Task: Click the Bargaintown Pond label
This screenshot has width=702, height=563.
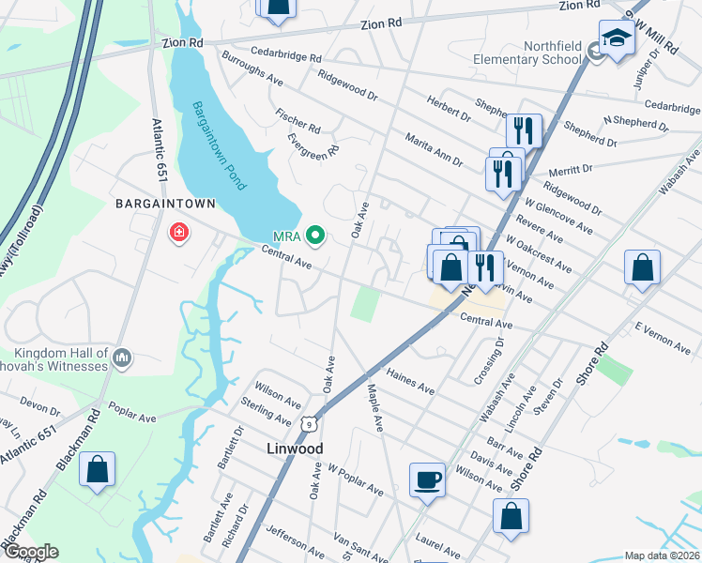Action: (219, 146)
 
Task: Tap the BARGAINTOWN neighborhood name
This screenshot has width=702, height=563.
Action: (165, 204)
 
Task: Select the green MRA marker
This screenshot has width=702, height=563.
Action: (316, 236)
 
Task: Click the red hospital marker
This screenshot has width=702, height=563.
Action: (177, 232)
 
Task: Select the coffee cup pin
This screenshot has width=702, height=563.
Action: (428, 480)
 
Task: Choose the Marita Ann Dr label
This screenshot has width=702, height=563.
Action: (434, 149)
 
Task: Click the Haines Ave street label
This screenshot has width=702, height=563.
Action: (411, 381)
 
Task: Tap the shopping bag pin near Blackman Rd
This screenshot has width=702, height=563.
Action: (98, 471)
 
